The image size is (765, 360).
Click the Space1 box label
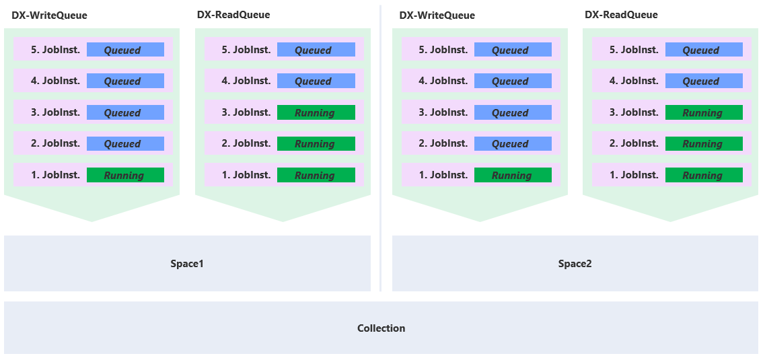[x=187, y=264]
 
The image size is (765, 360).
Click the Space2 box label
[x=575, y=264]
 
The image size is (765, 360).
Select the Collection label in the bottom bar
[x=381, y=328]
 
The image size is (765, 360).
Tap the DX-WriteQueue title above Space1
[x=49, y=15]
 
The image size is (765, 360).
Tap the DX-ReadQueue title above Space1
[x=233, y=15]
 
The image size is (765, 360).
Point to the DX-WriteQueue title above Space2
[x=437, y=15]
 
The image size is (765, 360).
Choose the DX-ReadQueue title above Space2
[x=621, y=15]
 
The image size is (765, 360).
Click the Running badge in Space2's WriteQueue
[x=513, y=175]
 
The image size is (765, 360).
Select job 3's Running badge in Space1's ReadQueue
[x=316, y=112]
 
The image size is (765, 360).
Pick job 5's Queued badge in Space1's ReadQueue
[x=316, y=50]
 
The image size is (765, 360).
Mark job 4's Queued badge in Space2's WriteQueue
[x=513, y=81]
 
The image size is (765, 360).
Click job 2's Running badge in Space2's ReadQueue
[x=704, y=143]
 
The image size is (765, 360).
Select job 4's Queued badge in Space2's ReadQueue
[x=704, y=81]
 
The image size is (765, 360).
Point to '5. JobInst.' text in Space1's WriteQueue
[x=55, y=50]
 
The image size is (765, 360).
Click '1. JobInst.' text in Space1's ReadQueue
[x=246, y=175]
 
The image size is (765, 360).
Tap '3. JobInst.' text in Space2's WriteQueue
[x=443, y=112]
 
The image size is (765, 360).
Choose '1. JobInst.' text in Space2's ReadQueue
[x=634, y=175]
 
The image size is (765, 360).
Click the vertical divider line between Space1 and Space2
[x=381, y=148]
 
